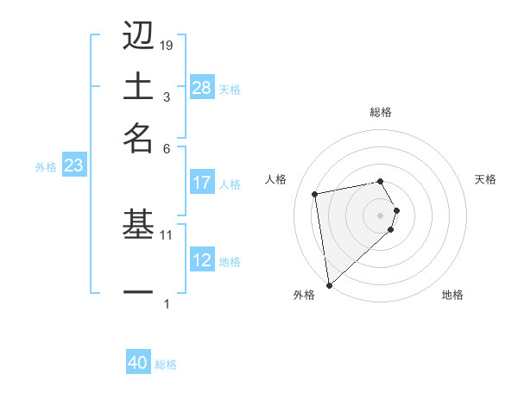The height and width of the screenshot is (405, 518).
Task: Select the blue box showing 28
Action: click(202, 88)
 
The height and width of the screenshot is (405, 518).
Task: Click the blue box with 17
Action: click(202, 183)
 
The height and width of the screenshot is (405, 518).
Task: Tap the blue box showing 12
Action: click(202, 260)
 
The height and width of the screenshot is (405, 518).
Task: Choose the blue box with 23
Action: click(73, 166)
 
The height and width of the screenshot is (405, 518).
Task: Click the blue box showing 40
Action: click(138, 363)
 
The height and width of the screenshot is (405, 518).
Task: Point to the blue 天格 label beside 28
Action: click(230, 90)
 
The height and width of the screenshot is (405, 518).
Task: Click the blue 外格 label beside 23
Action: click(46, 167)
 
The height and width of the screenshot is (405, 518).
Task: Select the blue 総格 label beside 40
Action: click(166, 364)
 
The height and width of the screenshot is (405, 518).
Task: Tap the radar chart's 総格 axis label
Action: click(381, 112)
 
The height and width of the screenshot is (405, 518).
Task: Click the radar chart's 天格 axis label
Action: click(485, 179)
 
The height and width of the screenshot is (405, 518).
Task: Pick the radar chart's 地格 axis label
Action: click(452, 295)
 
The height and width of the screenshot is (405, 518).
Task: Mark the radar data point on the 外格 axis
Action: click(329, 285)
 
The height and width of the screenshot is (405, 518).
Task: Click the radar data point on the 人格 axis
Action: click(315, 193)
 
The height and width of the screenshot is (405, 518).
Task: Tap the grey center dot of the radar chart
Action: click(381, 215)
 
